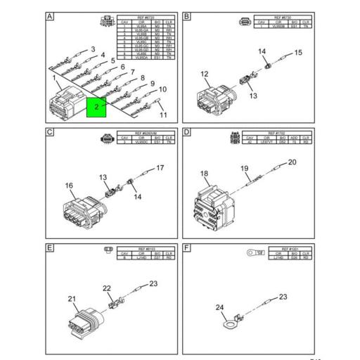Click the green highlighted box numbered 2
96,108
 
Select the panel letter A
49,16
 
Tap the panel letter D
187,132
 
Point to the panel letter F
187,248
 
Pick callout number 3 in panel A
92,49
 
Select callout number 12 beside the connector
205,74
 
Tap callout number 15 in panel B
297,52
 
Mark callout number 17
160,167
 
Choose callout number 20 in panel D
292,162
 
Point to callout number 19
245,168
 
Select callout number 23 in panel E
153,283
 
